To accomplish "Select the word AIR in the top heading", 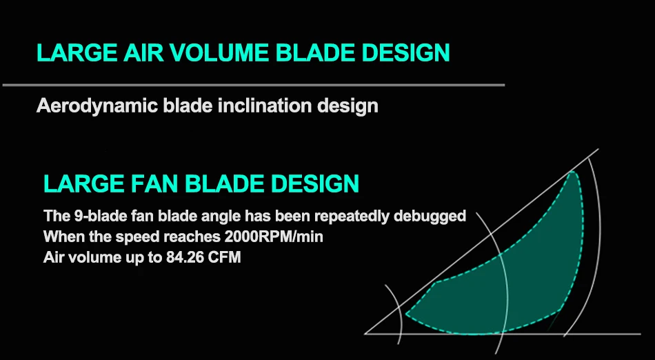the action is tap(144, 52).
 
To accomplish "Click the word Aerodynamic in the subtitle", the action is tap(97, 106).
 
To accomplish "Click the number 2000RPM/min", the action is tap(274, 237).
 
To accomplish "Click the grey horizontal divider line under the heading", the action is tap(254, 86).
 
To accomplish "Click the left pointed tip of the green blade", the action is tap(407, 314).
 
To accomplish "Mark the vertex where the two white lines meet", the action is tap(365, 334).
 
